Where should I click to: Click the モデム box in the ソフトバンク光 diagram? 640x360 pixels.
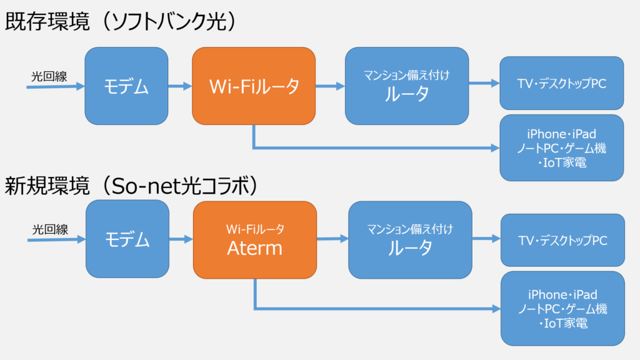tap(126, 86)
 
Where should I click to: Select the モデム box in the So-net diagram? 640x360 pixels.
tap(127, 239)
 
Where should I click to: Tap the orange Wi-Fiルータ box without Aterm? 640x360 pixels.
tap(253, 86)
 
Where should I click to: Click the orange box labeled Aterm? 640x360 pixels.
tap(254, 239)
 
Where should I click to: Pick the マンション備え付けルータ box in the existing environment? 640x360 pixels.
tap(406, 86)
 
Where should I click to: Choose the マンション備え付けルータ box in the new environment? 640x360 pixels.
tap(410, 239)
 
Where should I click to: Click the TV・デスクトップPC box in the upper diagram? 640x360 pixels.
tap(561, 82)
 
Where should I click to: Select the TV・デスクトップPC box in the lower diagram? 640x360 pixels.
tap(562, 240)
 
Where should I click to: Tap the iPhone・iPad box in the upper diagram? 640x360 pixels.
tap(561, 148)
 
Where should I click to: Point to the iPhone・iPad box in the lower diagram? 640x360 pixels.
tap(562, 309)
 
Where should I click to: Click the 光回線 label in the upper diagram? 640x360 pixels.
tap(49, 76)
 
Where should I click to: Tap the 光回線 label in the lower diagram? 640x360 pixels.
tap(50, 229)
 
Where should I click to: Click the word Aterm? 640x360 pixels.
tap(254, 248)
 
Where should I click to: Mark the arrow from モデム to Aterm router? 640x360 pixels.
tap(181, 239)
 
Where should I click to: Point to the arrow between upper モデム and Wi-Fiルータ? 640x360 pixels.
tap(180, 86)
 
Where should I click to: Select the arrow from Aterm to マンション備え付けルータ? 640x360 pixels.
tap(332, 238)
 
